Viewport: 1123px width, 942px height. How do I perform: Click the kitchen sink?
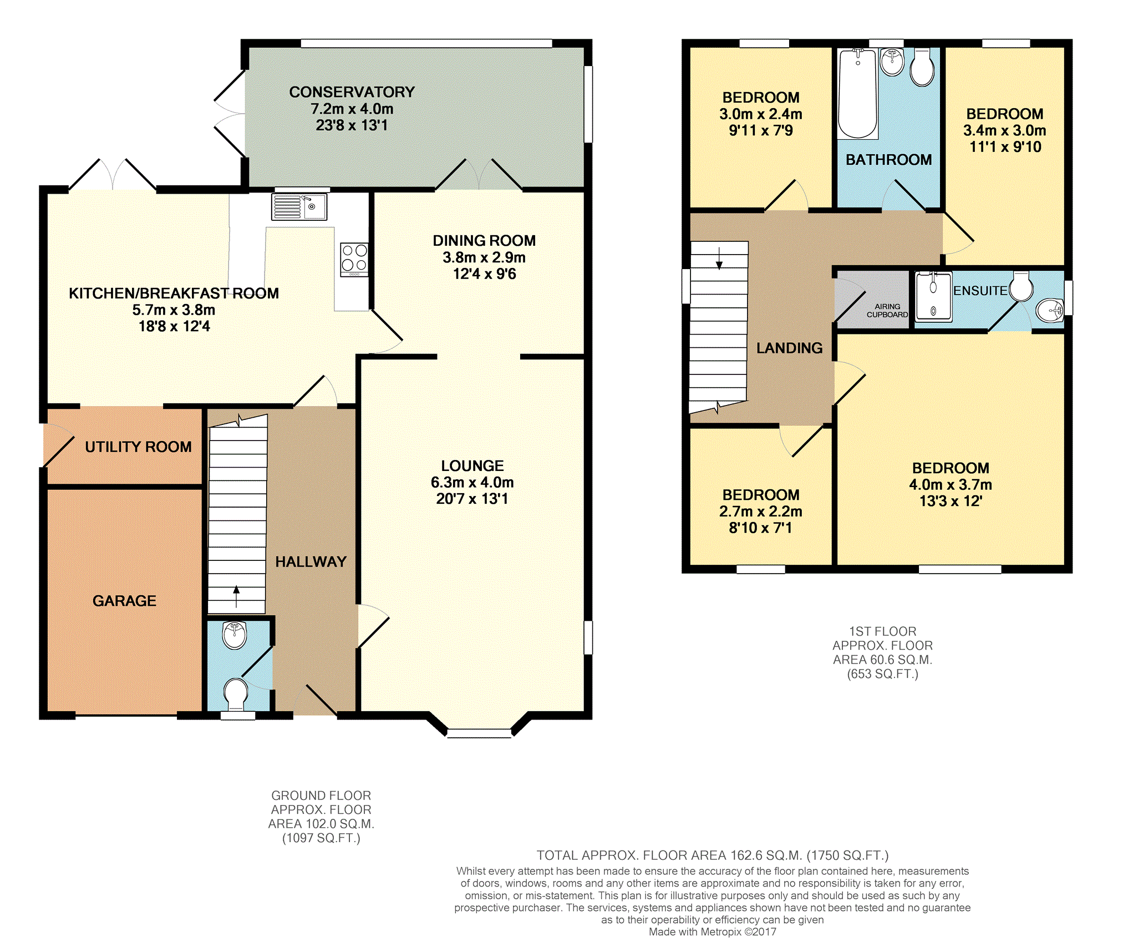(299, 206)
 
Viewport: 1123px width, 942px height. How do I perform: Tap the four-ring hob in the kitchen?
(354, 260)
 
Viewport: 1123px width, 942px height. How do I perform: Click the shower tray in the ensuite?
(933, 297)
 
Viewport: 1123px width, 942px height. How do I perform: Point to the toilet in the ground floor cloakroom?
(236, 693)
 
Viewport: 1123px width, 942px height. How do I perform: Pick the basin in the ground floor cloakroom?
(235, 635)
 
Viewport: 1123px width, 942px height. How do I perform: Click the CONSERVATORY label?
(352, 92)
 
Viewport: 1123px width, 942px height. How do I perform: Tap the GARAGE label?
(124, 601)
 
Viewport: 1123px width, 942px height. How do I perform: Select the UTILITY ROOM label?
(138, 447)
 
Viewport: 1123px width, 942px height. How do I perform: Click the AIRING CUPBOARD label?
(887, 311)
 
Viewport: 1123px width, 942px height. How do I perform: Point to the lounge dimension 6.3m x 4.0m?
(472, 482)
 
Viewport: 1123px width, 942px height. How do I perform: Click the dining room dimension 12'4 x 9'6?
(485, 274)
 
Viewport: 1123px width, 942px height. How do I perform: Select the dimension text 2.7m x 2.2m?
(761, 511)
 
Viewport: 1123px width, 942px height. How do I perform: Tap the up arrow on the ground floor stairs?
(237, 596)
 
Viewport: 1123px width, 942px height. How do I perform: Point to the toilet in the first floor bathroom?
(922, 68)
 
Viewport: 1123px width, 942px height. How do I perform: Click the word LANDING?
(790, 348)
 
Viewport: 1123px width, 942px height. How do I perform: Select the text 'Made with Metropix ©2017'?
(713, 931)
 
